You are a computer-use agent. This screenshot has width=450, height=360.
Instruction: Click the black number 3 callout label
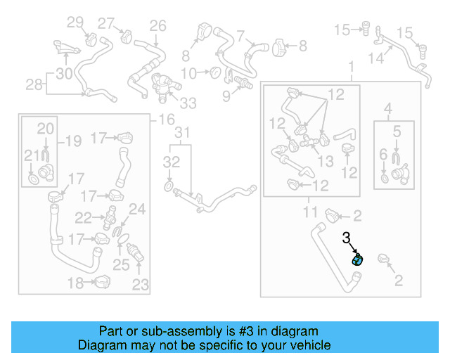pos(346,238)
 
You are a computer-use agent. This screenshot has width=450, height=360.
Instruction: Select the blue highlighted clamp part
pos(357,259)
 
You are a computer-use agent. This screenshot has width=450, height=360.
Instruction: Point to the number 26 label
pos(157,26)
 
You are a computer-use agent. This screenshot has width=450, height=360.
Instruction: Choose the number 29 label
pos(75,22)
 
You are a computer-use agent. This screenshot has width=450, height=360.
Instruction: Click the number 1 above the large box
pos(352,67)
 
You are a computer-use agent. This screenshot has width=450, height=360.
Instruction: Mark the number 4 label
pos(387,108)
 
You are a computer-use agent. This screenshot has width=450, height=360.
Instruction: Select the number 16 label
pos(167,120)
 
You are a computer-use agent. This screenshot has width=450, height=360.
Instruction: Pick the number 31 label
pos(183,133)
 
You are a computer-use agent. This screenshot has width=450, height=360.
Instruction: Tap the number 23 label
pos(141,285)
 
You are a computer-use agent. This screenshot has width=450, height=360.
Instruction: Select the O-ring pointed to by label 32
pos(169,186)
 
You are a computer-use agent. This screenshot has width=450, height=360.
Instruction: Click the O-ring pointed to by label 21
pos(32,182)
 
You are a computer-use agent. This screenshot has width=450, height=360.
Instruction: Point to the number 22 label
pos(84,218)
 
